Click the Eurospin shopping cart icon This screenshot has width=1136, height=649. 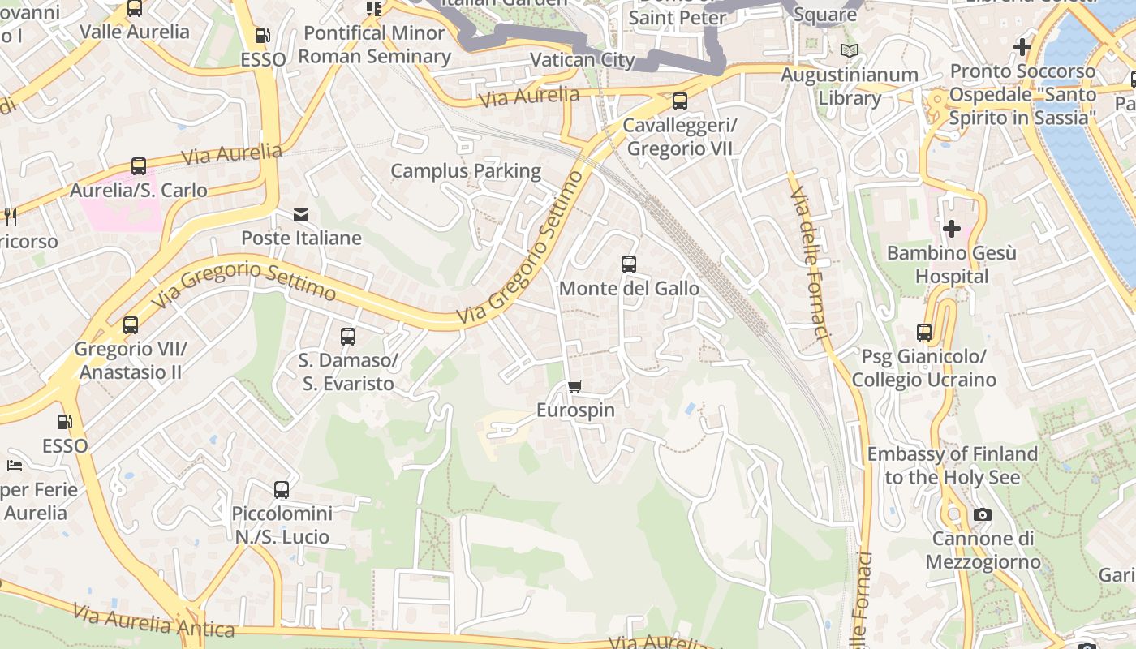pyautogui.click(x=575, y=386)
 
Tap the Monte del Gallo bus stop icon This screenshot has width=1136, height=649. pyautogui.click(x=629, y=264)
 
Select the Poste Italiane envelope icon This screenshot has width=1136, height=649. pyautogui.click(x=301, y=215)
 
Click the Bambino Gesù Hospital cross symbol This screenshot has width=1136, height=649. pyautogui.click(x=951, y=229)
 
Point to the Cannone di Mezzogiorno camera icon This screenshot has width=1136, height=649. pyautogui.click(x=982, y=514)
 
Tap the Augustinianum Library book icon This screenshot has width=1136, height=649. pyautogui.click(x=850, y=51)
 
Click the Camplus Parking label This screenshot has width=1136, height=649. pyautogui.click(x=466, y=171)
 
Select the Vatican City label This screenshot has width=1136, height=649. pyautogui.click(x=582, y=60)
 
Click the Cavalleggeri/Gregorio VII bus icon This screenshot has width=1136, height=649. pyautogui.click(x=680, y=101)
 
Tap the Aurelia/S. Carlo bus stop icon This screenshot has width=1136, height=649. pyautogui.click(x=139, y=166)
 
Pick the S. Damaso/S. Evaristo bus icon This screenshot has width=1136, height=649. pyautogui.click(x=348, y=336)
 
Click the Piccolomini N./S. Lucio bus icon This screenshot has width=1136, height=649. pyautogui.click(x=282, y=489)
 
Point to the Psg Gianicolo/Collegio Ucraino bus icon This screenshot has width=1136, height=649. pyautogui.click(x=924, y=332)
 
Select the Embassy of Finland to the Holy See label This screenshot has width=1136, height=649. pyautogui.click(x=952, y=466)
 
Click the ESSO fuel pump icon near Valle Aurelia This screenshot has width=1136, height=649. pyautogui.click(x=262, y=36)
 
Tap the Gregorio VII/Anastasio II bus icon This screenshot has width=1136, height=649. pyautogui.click(x=131, y=325)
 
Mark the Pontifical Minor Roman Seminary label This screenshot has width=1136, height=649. pyautogui.click(x=374, y=45)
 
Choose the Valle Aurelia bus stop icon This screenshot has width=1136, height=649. pyautogui.click(x=135, y=9)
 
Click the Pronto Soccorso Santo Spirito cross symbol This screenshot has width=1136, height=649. pyautogui.click(x=1022, y=47)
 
